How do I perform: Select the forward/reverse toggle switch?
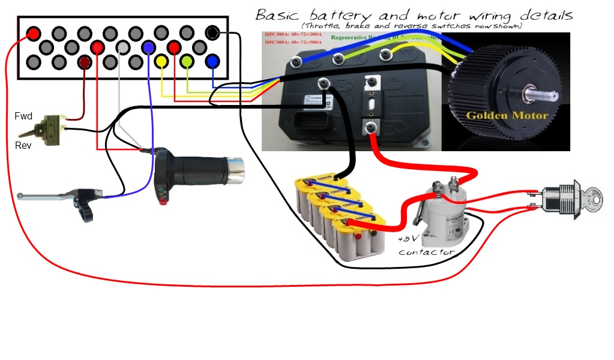coord(45,130)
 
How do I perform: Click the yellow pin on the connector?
coord(161,61)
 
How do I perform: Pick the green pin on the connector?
coord(187,61)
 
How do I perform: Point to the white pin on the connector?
coord(123,47)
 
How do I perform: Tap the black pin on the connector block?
coord(212,32)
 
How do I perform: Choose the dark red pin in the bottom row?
coord(85,61)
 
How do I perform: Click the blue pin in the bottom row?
coord(212,61)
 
